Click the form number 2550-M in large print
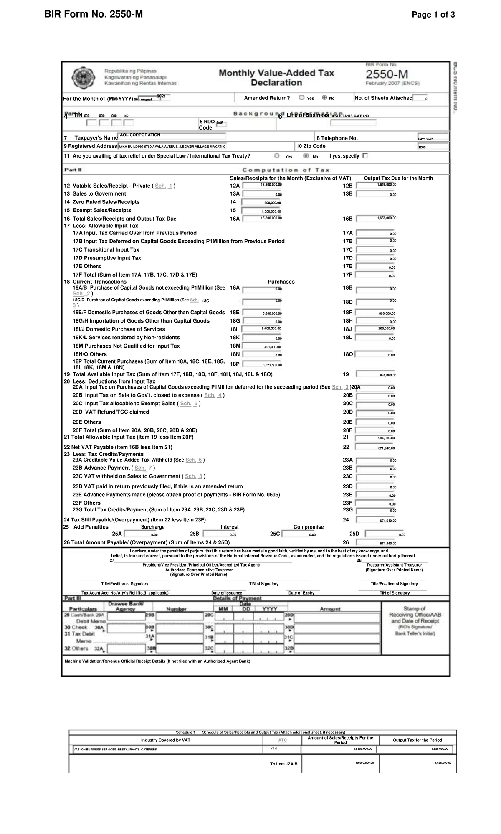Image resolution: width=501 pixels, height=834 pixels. [387, 75]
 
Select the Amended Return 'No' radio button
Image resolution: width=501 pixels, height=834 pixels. [324, 98]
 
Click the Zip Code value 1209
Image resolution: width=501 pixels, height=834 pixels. [433, 147]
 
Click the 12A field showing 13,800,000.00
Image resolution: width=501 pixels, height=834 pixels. [263, 185]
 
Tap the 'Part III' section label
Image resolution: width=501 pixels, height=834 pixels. [73, 598]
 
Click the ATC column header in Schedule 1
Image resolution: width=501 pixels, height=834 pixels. [283, 740]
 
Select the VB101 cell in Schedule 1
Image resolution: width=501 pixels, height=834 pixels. [275, 749]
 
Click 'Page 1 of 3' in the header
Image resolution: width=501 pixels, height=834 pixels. [433, 15]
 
